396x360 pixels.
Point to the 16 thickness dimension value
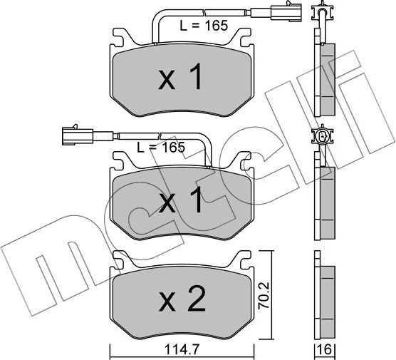pyautogui.click(x=325, y=349)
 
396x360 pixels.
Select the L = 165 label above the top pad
pyautogui.click(x=203, y=27)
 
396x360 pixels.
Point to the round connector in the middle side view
pyautogui.click(x=323, y=136)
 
